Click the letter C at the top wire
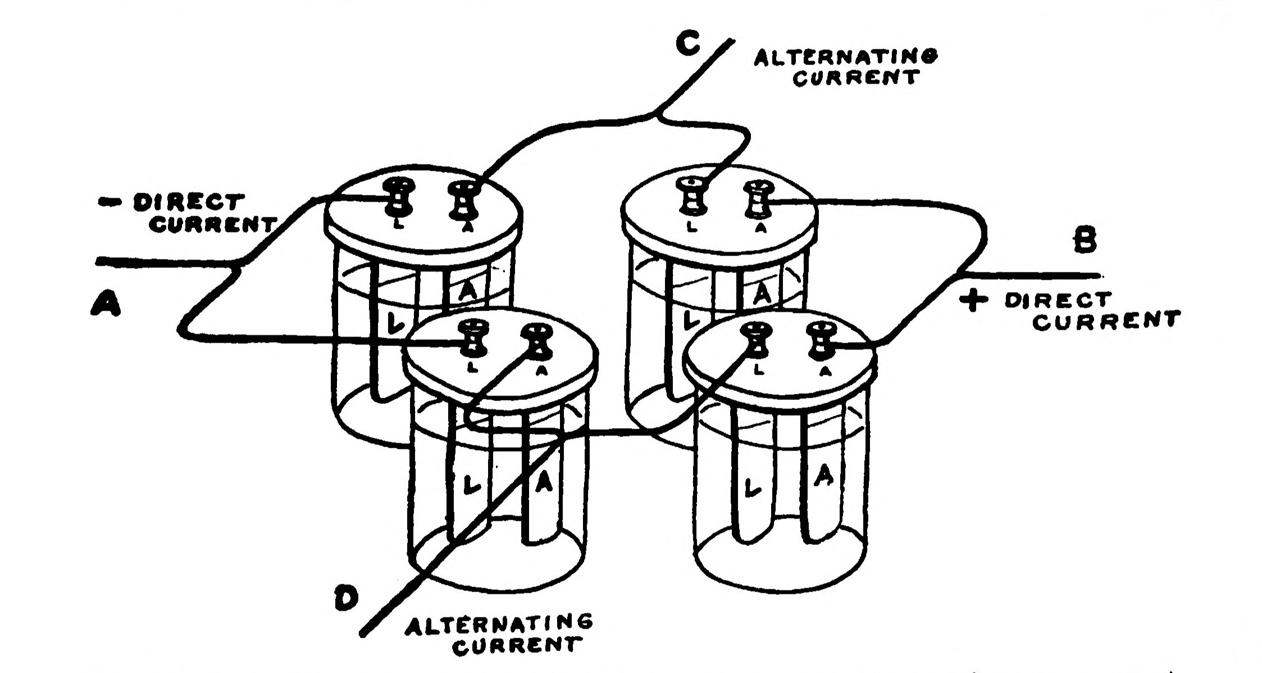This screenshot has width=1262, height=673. pyautogui.click(x=688, y=43)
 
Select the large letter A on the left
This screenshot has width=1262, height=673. pyautogui.click(x=106, y=304)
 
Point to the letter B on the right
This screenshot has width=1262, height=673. pyautogui.click(x=1085, y=242)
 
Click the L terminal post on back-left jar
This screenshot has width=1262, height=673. pyautogui.click(x=400, y=197)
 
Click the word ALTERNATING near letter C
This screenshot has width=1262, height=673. pyautogui.click(x=846, y=57)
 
